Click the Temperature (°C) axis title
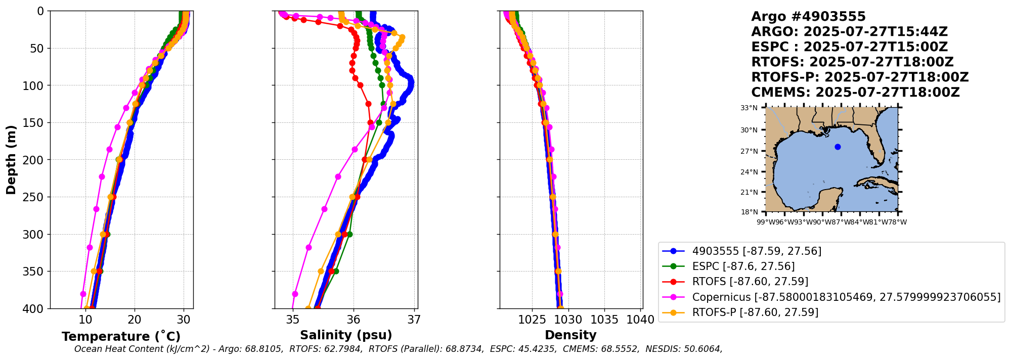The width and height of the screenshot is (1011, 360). point(121,337)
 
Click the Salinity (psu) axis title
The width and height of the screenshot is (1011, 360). point(346,335)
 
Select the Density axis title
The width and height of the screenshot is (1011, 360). point(570,335)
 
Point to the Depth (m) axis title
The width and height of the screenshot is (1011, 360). point(11,160)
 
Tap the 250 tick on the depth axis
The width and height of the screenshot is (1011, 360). point(36,197)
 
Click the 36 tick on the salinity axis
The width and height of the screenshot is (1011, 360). point(354,320)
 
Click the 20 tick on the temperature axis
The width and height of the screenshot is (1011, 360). point(135,320)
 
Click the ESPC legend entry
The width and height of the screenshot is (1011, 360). point(743,266)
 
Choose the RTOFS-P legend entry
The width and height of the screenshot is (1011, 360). point(755,312)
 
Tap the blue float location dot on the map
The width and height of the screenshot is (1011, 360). point(838,147)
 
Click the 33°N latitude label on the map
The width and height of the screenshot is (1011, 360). point(749,108)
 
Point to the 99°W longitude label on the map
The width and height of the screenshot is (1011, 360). point(765,222)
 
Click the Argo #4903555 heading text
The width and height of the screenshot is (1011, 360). point(808,17)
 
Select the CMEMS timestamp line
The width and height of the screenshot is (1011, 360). point(855,93)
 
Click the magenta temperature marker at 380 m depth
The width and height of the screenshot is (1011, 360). point(83,294)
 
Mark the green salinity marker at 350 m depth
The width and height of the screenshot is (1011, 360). point(336,272)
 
